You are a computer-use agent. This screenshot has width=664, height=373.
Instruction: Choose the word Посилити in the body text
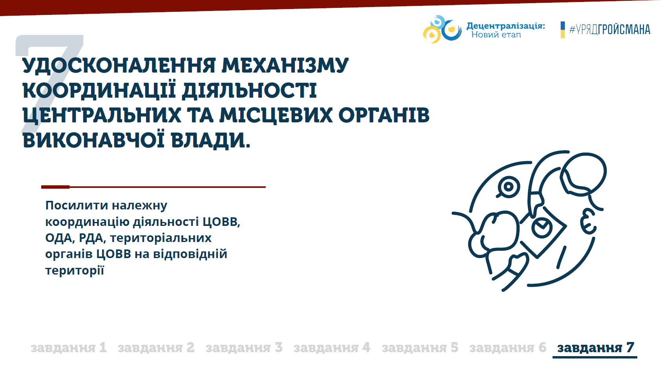tap(73, 205)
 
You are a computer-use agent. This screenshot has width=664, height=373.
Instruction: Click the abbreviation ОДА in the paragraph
tap(59, 238)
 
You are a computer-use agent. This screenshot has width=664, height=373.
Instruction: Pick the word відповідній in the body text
tap(190, 254)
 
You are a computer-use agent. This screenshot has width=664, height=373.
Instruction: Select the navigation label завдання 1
tap(68, 348)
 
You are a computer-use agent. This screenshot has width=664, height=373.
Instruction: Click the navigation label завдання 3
tap(244, 348)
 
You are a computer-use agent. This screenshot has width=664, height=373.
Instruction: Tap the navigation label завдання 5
tap(420, 348)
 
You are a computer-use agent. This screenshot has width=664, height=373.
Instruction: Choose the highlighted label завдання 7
tap(596, 348)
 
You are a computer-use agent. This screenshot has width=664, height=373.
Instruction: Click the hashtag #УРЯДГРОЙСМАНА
tap(610, 30)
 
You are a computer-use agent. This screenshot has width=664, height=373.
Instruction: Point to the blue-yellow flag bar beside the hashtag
tap(563, 30)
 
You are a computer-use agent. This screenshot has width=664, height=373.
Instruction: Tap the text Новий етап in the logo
tap(496, 35)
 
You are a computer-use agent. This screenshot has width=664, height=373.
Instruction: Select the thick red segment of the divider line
tap(55, 187)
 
